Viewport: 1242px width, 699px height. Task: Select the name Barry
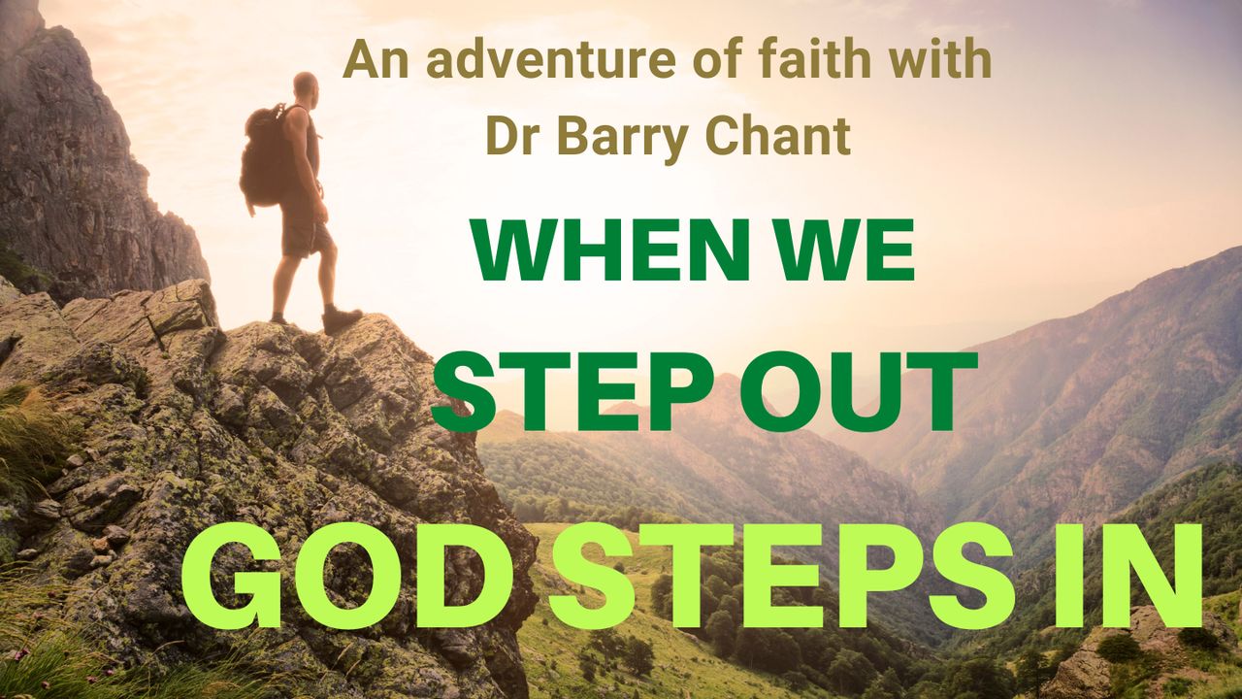[x=622, y=138]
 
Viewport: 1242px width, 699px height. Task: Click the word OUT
[x=858, y=390]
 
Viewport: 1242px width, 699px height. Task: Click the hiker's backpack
[x=265, y=155]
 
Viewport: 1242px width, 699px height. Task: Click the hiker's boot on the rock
[x=342, y=319]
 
